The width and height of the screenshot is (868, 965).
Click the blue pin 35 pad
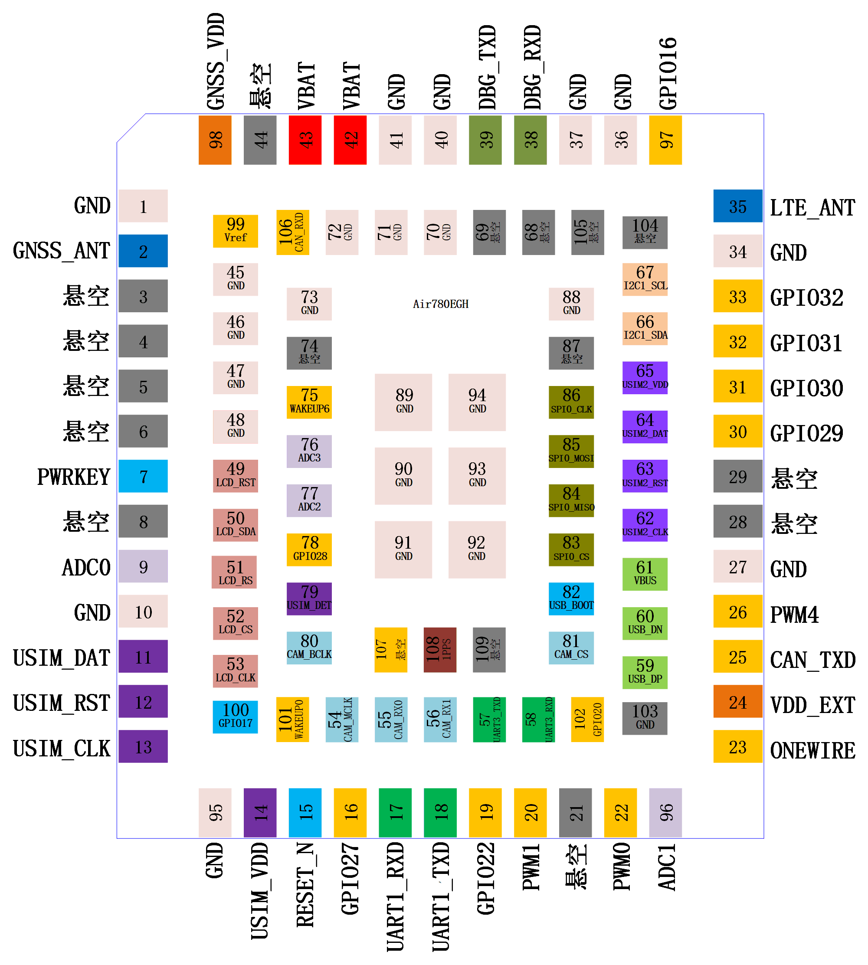(x=737, y=206)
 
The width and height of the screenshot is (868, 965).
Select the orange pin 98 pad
(x=215, y=140)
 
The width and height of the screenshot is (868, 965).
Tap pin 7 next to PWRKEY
(x=143, y=476)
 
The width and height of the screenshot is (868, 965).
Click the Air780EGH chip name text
(x=441, y=304)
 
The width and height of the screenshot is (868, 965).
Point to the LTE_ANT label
(x=812, y=208)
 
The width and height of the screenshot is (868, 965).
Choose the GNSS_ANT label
(x=62, y=251)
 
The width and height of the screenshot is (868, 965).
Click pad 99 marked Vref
(x=236, y=231)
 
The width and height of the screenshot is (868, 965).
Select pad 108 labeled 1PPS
(x=440, y=649)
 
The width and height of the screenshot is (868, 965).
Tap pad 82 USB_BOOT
(x=571, y=599)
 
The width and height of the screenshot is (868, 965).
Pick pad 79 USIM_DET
(x=309, y=599)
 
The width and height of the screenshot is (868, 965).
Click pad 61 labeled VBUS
(x=645, y=574)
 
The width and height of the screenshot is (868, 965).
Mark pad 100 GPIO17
(x=236, y=716)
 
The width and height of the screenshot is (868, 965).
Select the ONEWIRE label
(x=812, y=750)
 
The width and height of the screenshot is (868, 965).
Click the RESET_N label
(x=305, y=884)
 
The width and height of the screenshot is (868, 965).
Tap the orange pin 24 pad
(x=737, y=701)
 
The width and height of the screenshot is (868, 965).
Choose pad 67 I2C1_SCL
(x=645, y=279)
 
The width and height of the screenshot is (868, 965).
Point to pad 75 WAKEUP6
(x=309, y=402)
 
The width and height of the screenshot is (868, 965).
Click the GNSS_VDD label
(x=216, y=62)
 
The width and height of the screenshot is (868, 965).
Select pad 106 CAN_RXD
(x=292, y=232)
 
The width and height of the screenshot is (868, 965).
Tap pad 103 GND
(x=645, y=718)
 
